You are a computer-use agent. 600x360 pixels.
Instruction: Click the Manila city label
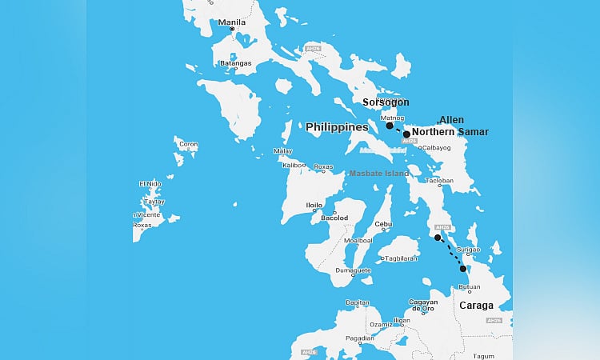(x=231, y=22)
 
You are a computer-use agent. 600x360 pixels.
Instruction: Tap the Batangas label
(x=235, y=63)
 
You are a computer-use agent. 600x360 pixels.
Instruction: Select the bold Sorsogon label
(x=386, y=102)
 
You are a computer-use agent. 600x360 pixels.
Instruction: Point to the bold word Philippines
(x=337, y=127)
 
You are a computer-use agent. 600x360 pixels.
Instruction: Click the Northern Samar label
(x=450, y=132)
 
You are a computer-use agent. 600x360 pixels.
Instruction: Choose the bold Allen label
(x=451, y=120)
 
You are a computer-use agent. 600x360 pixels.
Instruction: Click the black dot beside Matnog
(x=390, y=126)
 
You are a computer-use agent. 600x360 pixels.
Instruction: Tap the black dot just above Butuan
(x=463, y=269)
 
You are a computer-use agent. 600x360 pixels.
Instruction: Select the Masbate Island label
(x=378, y=174)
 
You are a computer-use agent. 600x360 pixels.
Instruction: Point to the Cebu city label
(x=383, y=224)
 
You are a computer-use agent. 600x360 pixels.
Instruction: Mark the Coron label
(x=188, y=145)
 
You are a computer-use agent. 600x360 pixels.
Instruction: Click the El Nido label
(x=150, y=184)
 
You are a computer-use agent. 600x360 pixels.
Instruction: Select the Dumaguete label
(x=353, y=270)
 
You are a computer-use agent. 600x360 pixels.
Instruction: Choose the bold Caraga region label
(x=476, y=306)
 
